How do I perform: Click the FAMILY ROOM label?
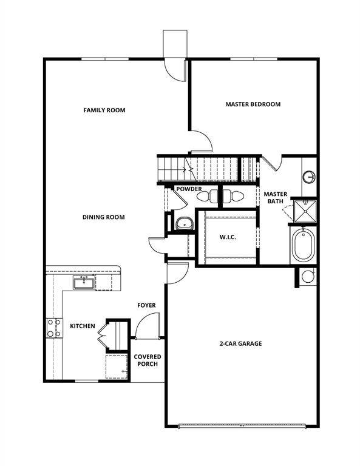coord(104,110)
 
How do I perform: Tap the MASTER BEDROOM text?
coord(253,104)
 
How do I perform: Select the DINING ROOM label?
coord(104,217)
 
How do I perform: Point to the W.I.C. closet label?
coord(227,237)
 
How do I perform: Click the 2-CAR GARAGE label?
coord(240,343)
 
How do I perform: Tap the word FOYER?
coord(146,305)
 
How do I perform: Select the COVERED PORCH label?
coord(147,360)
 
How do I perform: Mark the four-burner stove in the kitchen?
coord(53,328)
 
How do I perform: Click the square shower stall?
coord(305,210)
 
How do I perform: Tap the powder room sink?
coord(183,223)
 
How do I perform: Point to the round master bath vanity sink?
coord(309,177)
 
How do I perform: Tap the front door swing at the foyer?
coord(149,326)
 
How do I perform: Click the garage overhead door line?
coord(242,426)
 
